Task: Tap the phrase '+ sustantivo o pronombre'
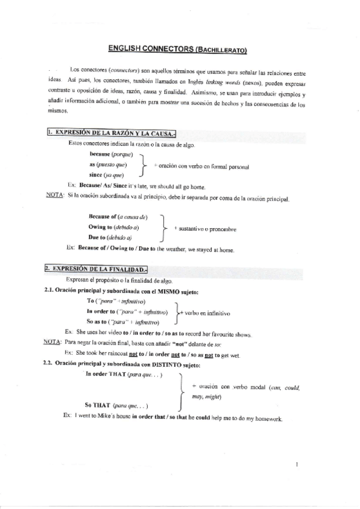[205, 229]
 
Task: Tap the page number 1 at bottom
[298, 464]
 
